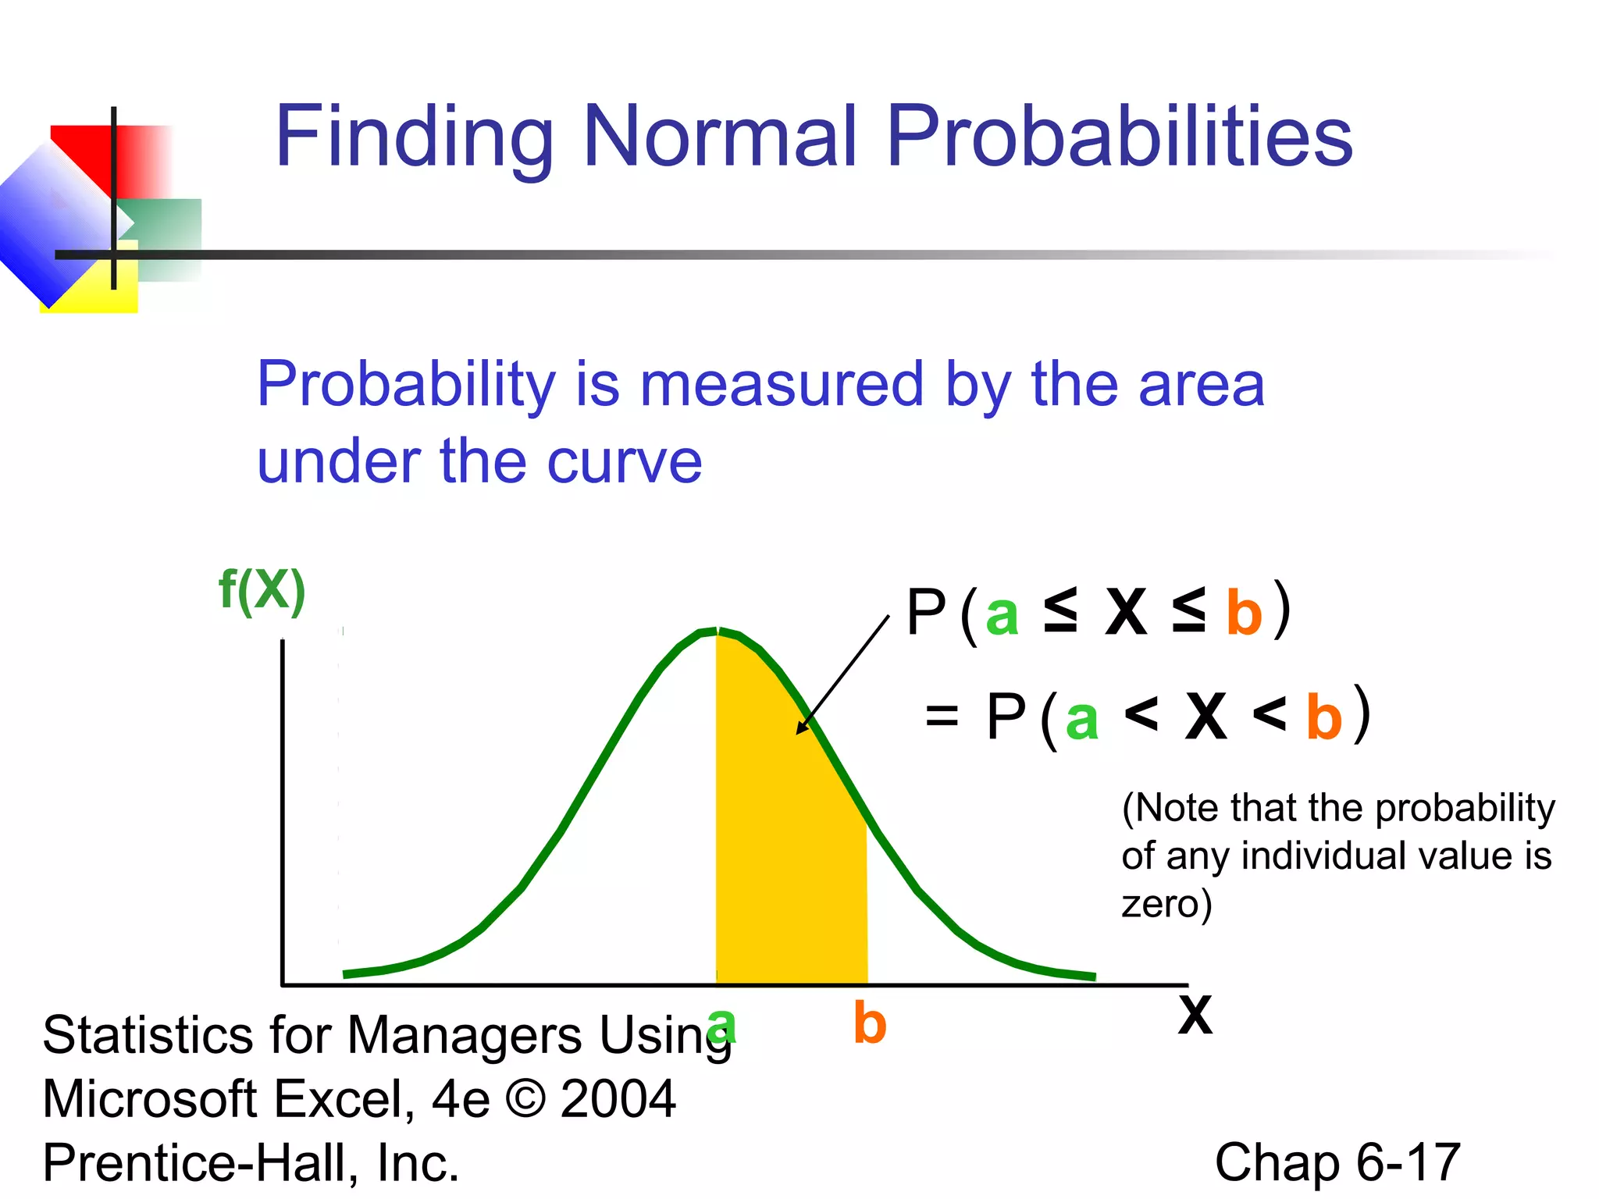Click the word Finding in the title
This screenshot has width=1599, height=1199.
click(414, 137)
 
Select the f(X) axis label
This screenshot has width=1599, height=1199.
click(262, 591)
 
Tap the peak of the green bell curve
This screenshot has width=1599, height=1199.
click(717, 631)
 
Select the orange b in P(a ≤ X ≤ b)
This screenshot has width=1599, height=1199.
click(1244, 614)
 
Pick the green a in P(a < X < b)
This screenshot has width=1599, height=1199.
click(1082, 719)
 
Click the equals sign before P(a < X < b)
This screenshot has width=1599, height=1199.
click(941, 715)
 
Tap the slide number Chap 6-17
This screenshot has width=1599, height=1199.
click(1337, 1162)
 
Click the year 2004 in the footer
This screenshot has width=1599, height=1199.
click(618, 1098)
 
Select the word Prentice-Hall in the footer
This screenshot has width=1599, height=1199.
click(199, 1162)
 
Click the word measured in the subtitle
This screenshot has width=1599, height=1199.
click(782, 384)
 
